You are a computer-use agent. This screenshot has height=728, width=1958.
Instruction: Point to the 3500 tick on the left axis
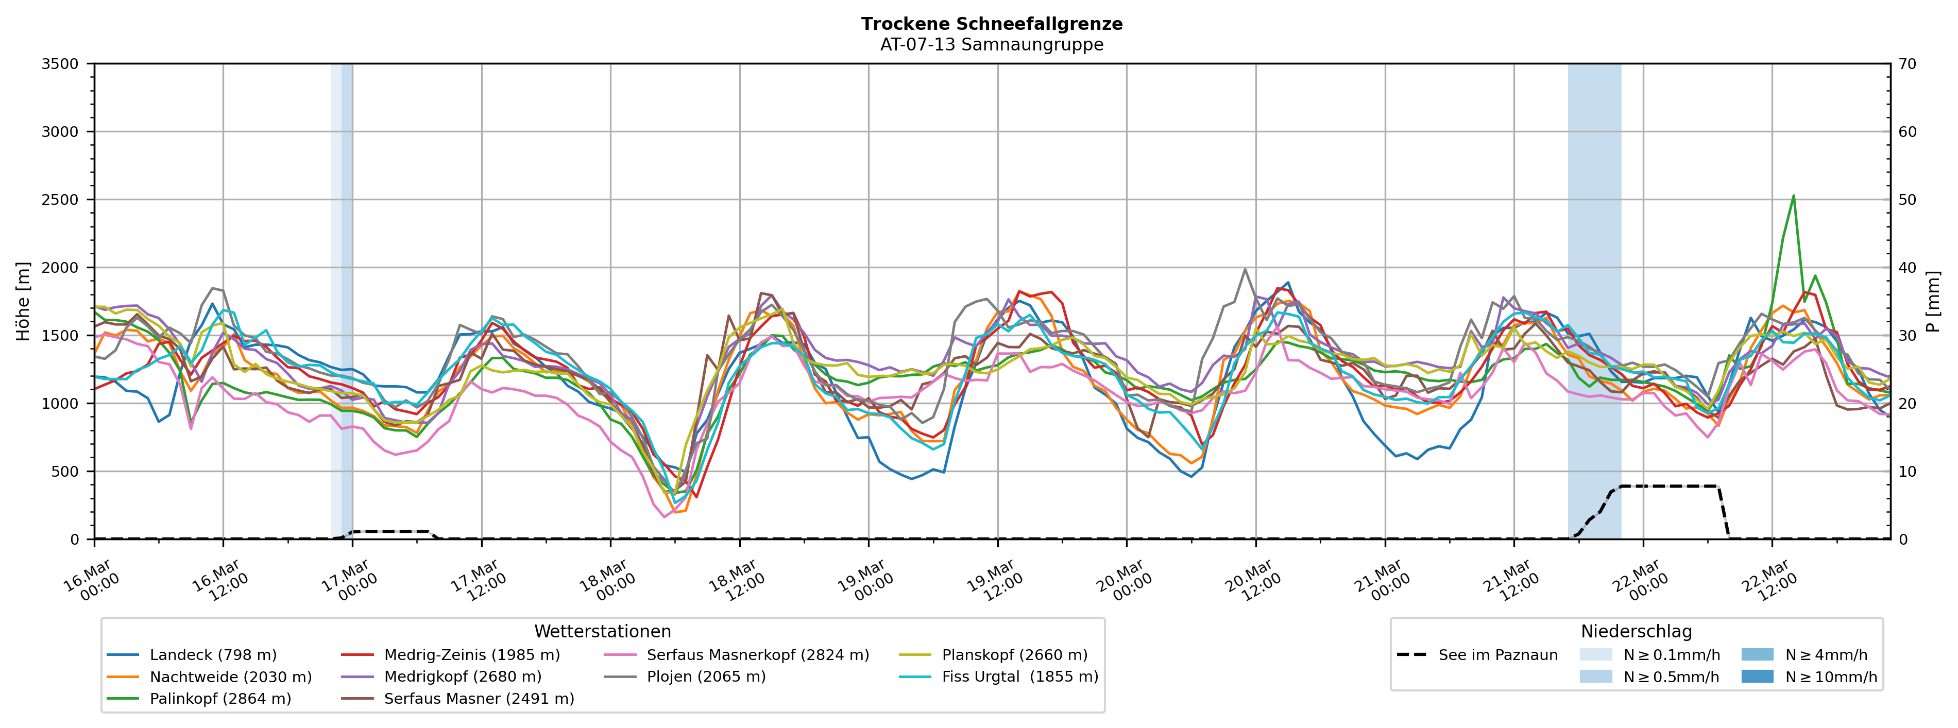[x=60, y=64]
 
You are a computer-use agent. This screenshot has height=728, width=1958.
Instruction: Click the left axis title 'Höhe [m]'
[x=23, y=302]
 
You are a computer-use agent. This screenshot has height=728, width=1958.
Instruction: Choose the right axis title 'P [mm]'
[x=1934, y=302]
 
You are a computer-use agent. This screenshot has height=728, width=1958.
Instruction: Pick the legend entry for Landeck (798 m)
[x=213, y=655]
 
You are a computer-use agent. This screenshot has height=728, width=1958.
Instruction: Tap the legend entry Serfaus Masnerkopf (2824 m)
[x=757, y=655]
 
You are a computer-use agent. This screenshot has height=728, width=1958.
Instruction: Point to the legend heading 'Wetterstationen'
[x=603, y=632]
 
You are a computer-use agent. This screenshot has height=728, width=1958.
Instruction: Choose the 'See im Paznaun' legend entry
[x=1497, y=655]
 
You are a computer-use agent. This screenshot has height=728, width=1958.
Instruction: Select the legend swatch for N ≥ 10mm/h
[x=1757, y=677]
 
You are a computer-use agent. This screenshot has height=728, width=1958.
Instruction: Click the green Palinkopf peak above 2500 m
[x=1794, y=196]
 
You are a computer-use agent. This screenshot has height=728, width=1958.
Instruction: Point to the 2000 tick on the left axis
[x=60, y=268]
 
